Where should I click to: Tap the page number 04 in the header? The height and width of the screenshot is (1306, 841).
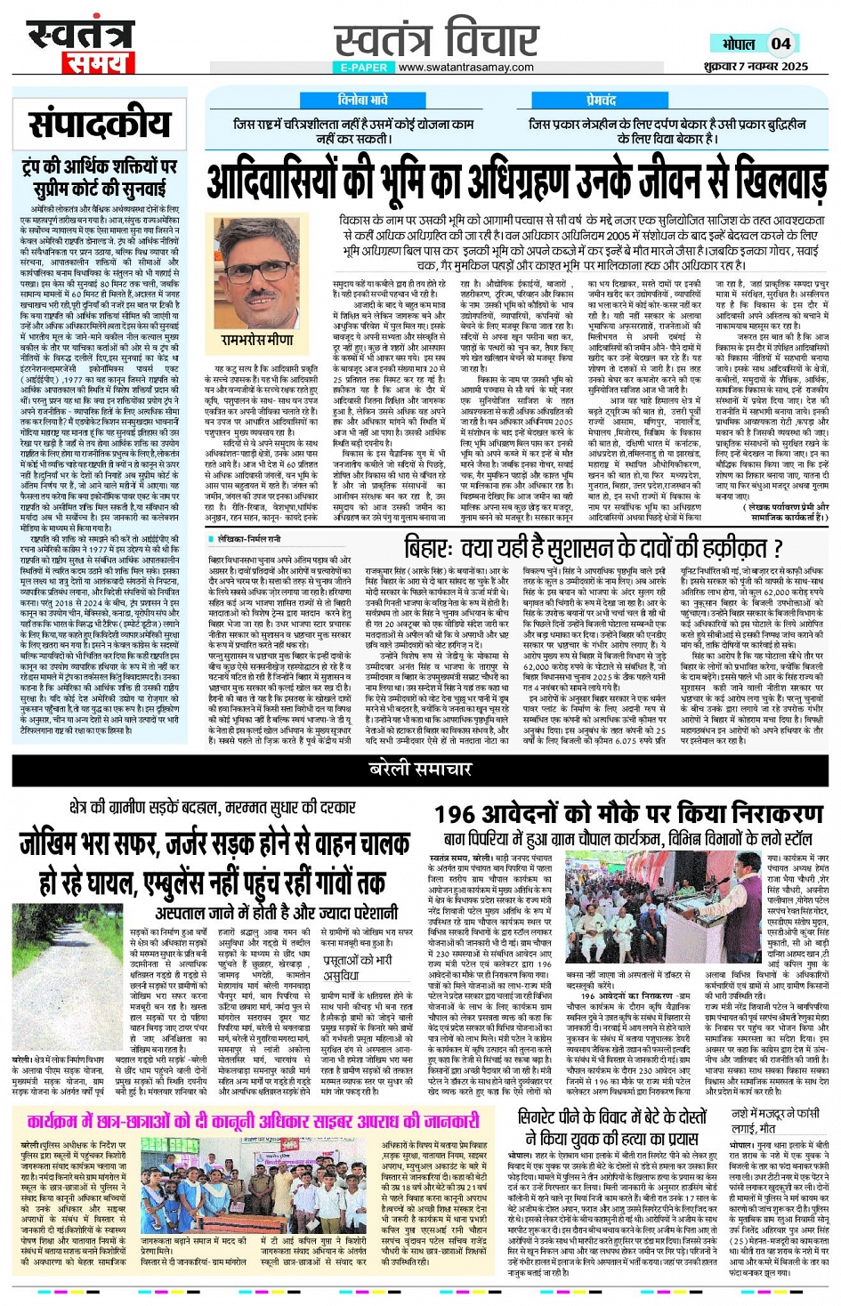(780, 44)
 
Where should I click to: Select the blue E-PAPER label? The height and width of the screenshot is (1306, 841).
(363, 68)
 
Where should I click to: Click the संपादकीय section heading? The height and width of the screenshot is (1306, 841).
(99, 125)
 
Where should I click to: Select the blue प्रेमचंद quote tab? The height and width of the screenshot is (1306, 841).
(602, 101)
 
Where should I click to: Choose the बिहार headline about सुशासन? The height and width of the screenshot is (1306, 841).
(594, 546)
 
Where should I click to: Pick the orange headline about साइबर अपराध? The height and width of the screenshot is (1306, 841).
(253, 1121)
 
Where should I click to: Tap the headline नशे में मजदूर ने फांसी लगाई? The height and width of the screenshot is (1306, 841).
(775, 1122)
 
